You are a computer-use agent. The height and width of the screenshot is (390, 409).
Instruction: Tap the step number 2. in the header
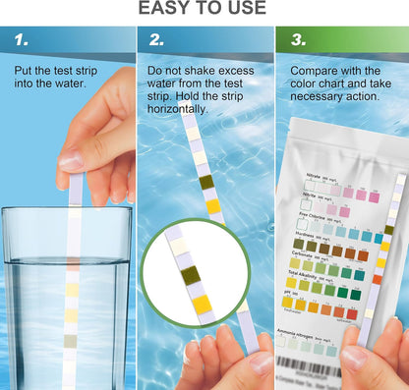(156, 40)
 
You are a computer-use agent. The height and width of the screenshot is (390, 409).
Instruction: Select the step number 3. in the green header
(296, 40)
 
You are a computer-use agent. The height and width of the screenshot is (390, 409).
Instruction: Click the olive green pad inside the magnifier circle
(190, 274)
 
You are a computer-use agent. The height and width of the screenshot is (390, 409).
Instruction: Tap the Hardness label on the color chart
(313, 235)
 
